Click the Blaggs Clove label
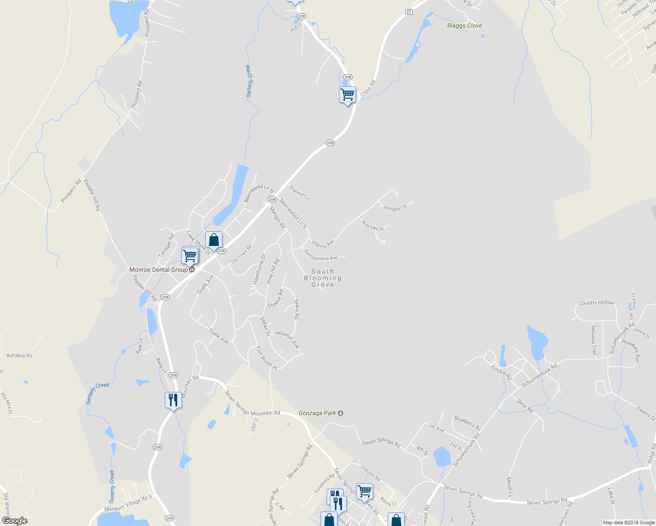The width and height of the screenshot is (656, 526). point(464,26)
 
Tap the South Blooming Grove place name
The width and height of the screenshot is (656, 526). point(323,278)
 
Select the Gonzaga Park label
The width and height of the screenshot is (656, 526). point(317,413)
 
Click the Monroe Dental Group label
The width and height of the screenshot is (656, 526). point(158,270)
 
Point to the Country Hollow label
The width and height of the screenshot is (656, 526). point(596,303)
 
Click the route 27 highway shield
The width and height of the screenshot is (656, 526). point(409,12)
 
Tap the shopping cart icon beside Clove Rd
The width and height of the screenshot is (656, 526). point(347,94)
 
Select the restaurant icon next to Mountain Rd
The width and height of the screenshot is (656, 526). point(173,400)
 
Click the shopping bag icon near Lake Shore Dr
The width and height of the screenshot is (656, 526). point(214,240)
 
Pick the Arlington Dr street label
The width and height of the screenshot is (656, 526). point(395,208)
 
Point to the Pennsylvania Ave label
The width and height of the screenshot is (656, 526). point(321,255)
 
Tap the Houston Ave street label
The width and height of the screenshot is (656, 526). point(287,339)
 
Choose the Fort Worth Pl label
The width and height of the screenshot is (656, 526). point(267,357)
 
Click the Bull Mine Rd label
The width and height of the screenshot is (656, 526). point(19,355)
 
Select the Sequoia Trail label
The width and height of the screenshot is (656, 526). point(594,340)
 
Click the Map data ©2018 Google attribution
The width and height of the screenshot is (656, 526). point(628,522)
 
